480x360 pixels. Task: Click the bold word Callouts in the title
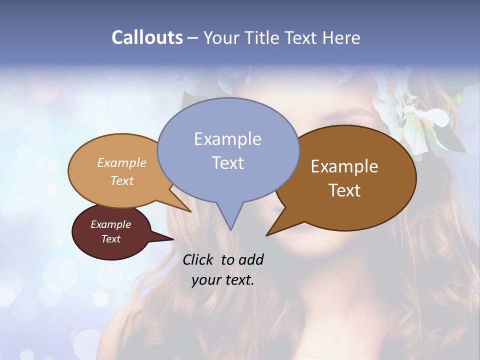pyautogui.click(x=147, y=37)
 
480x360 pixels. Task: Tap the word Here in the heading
pyautogui.click(x=341, y=37)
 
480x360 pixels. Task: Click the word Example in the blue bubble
pyautogui.click(x=227, y=139)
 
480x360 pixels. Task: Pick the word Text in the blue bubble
pyautogui.click(x=227, y=162)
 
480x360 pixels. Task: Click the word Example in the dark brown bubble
pyautogui.click(x=344, y=166)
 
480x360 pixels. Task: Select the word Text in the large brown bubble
pyautogui.click(x=344, y=190)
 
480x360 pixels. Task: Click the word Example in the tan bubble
pyautogui.click(x=122, y=163)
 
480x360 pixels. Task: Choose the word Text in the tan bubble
pyautogui.click(x=122, y=181)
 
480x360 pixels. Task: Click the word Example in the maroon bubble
pyautogui.click(x=110, y=224)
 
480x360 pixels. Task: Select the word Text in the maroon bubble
pyautogui.click(x=110, y=239)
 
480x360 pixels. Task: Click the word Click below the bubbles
pyautogui.click(x=199, y=260)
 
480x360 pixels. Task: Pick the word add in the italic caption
pyautogui.click(x=251, y=260)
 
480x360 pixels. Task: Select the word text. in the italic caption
pyautogui.click(x=238, y=280)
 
